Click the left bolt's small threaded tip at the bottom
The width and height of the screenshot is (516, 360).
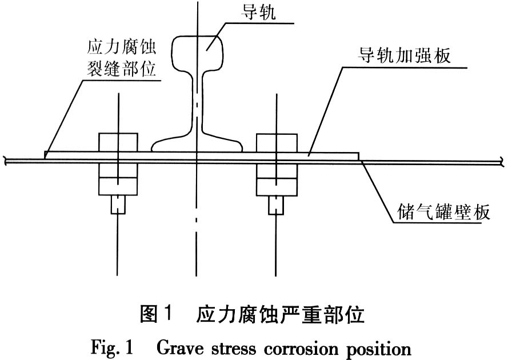point(118,204)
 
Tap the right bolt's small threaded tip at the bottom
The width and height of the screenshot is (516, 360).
point(276,204)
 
